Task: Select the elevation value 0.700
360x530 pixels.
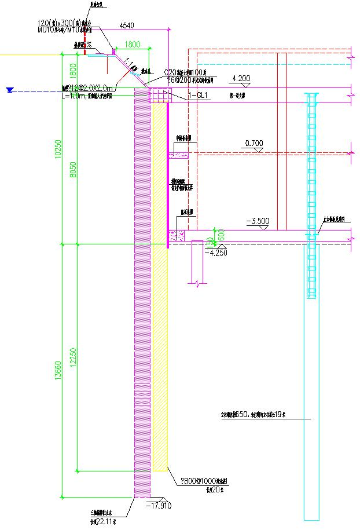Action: coord(254,142)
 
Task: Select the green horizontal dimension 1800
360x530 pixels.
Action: coord(133,44)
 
